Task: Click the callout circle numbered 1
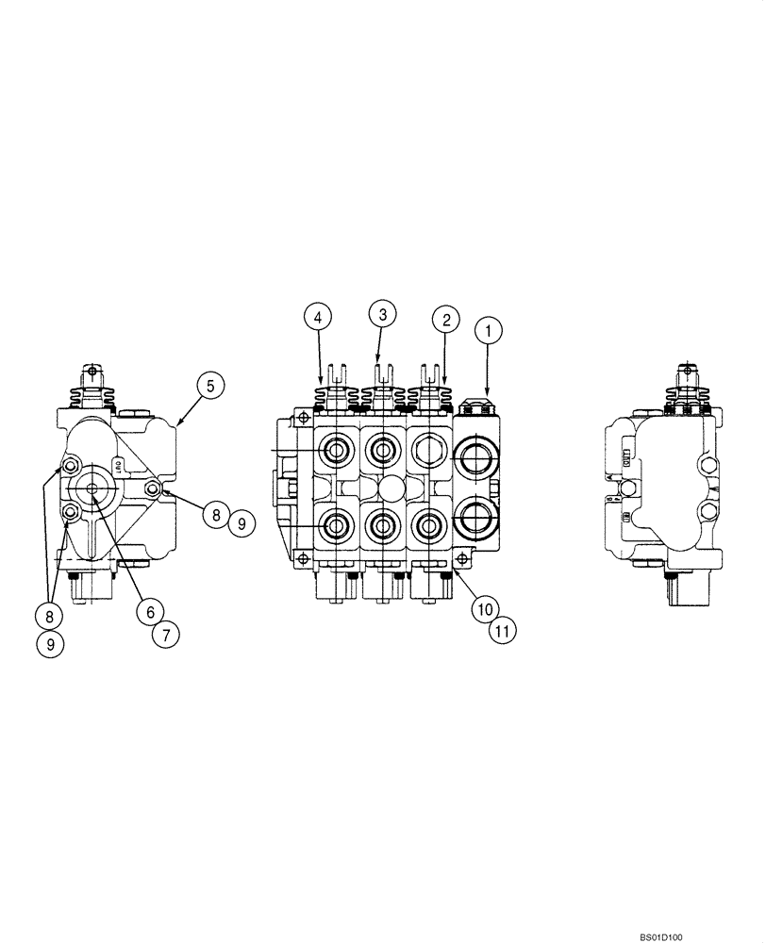point(489,332)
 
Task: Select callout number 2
point(444,320)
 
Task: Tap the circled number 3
point(381,312)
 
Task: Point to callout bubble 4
point(318,318)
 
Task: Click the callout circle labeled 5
point(210,385)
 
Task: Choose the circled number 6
point(145,610)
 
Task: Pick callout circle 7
point(165,634)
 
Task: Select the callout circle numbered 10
point(482,609)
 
